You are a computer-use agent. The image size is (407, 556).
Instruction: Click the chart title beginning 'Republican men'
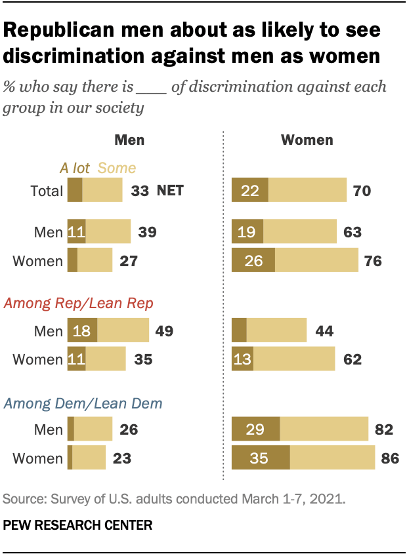coord(192,43)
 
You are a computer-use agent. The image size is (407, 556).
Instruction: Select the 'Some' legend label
coord(117,169)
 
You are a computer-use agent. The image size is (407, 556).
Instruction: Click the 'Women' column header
coord(307,140)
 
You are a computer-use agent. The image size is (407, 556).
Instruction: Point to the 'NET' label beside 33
coord(170,191)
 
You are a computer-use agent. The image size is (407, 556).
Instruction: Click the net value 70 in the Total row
coord(362,191)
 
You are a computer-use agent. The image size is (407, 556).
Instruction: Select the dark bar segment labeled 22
coord(250,191)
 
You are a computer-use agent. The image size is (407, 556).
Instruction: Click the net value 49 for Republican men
coord(163,330)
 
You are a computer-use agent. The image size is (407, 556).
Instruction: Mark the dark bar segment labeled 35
coord(261,458)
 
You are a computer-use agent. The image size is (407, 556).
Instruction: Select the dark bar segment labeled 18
coord(82,330)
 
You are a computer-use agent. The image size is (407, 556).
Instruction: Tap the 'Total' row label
coord(47,191)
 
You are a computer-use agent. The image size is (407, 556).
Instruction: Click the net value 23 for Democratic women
coord(121,458)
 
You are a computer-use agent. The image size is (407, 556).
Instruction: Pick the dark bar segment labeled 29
coord(256,430)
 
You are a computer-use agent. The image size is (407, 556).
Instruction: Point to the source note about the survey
coord(173,499)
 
